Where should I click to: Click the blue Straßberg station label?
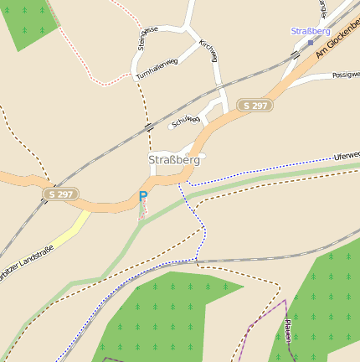pos(311,31)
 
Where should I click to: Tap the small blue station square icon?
pos(311,42)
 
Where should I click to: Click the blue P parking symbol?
pos(143,197)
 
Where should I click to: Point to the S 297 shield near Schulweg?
pos(255,106)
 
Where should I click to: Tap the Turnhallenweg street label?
pos(157,70)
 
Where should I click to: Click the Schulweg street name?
pos(185,122)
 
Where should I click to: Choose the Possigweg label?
pos(345,75)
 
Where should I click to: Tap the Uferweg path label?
pos(346,156)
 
